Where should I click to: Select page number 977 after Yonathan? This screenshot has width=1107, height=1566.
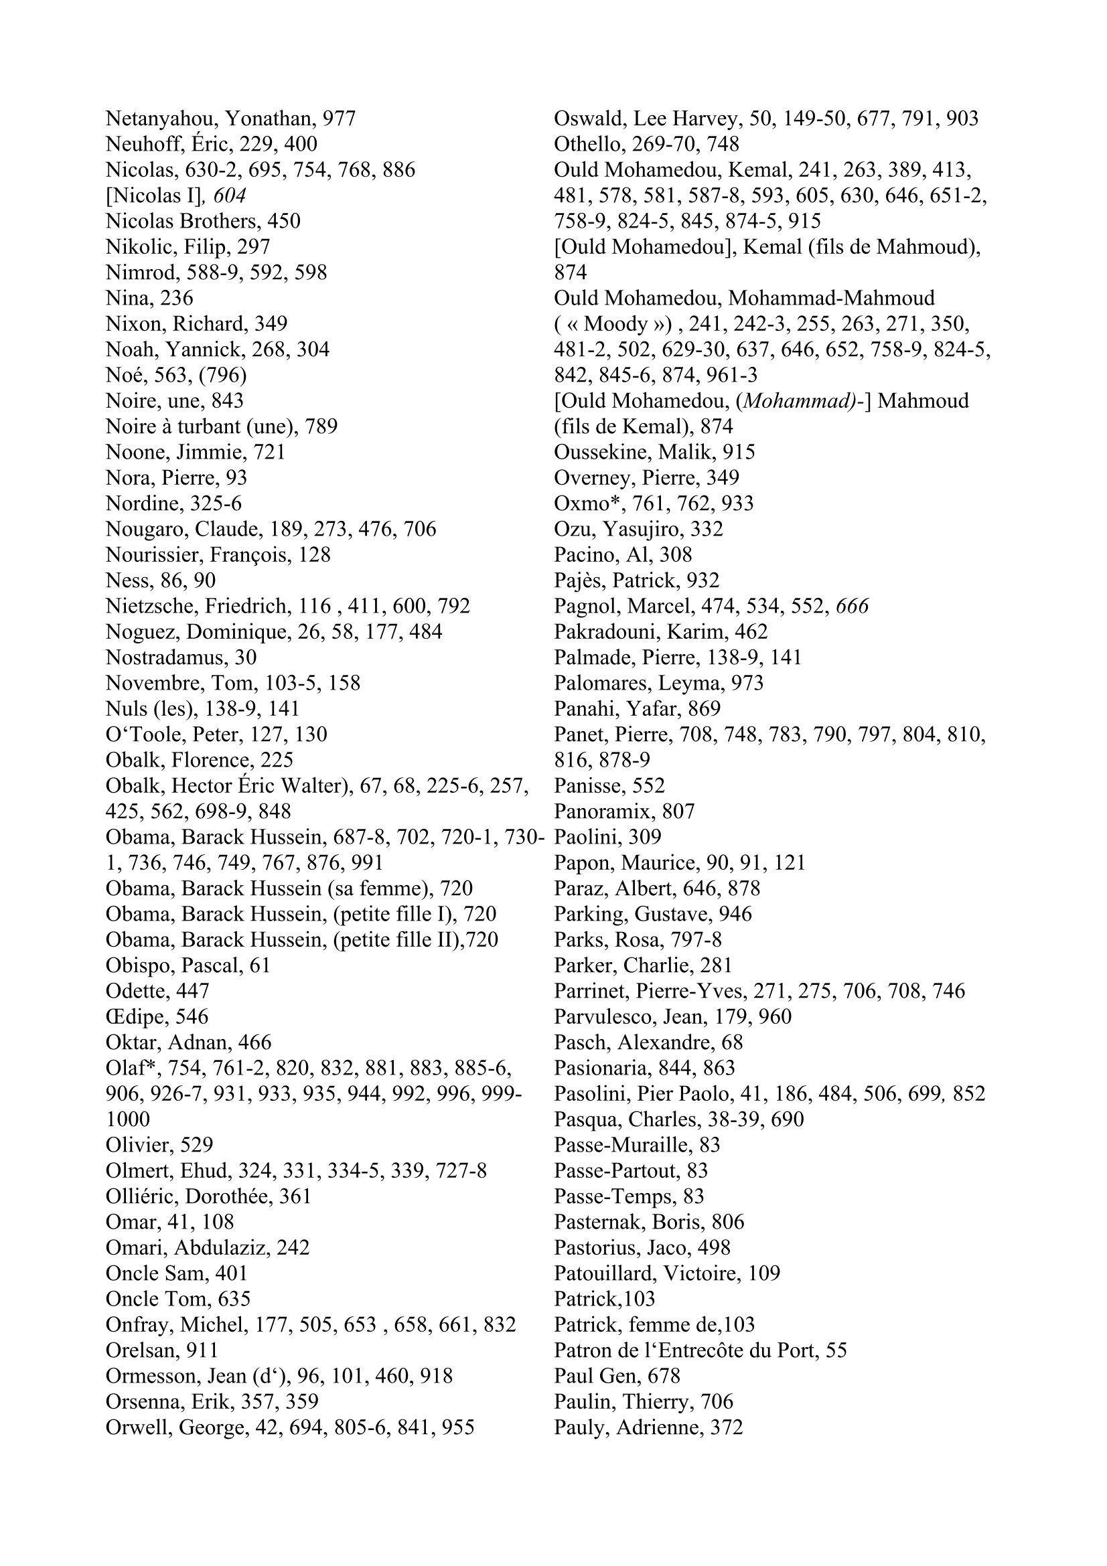(x=339, y=119)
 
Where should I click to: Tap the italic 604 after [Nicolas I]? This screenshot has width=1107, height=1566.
(x=229, y=196)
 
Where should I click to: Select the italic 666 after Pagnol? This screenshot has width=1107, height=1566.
(x=852, y=607)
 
